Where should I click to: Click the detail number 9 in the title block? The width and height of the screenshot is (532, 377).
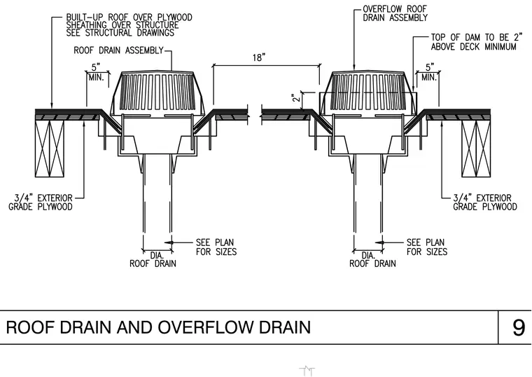pyautogui.click(x=519, y=328)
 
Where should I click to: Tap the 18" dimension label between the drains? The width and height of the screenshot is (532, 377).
pyautogui.click(x=258, y=57)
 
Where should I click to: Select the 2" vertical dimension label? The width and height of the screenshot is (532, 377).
pyautogui.click(x=296, y=97)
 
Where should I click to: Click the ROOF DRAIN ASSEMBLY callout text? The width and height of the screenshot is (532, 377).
pyautogui.click(x=119, y=50)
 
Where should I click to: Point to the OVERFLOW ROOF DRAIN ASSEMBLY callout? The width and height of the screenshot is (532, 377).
pyautogui.click(x=395, y=13)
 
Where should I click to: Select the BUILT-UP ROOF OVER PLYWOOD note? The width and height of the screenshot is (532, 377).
pyautogui.click(x=129, y=25)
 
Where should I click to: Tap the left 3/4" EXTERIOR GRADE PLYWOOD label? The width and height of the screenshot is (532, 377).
pyautogui.click(x=41, y=203)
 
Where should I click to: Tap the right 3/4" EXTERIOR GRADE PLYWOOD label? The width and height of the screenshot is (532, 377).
pyautogui.click(x=485, y=203)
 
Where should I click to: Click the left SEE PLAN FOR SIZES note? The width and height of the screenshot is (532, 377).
pyautogui.click(x=216, y=247)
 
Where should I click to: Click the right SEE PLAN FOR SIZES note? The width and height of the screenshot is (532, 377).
pyautogui.click(x=427, y=247)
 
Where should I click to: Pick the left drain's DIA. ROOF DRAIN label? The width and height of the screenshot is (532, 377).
pyautogui.click(x=153, y=259)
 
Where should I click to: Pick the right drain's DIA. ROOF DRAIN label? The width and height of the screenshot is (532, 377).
pyautogui.click(x=372, y=259)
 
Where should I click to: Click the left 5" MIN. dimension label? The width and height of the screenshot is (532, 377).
pyautogui.click(x=97, y=72)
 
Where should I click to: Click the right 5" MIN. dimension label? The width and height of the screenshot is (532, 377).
pyautogui.click(x=430, y=72)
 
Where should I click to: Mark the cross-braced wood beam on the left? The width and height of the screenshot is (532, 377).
pyautogui.click(x=50, y=149)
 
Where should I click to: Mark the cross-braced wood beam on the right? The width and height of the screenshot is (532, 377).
pyautogui.click(x=476, y=149)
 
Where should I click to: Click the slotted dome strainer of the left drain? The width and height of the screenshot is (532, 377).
pyautogui.click(x=158, y=92)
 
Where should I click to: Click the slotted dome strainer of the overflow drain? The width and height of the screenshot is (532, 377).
pyautogui.click(x=368, y=92)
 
